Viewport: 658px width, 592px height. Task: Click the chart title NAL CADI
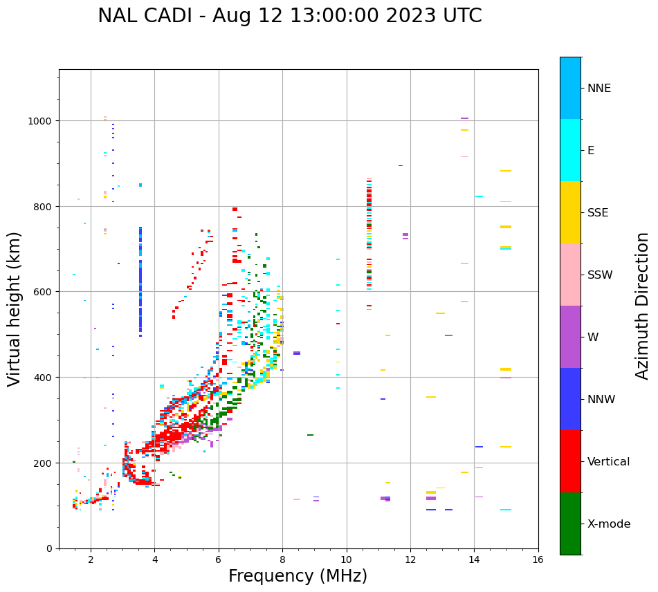point(289,16)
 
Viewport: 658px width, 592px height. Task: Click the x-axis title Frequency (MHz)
point(298,576)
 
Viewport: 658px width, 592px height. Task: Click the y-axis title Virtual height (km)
point(15,309)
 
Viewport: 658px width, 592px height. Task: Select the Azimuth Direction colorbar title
point(643,306)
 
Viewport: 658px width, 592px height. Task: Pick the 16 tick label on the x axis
point(538,559)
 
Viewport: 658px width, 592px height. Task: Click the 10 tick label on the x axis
point(346,559)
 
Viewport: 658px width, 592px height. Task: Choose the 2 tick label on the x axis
point(91,559)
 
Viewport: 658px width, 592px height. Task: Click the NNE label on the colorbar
point(599,89)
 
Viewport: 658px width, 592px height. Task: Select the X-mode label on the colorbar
point(609,524)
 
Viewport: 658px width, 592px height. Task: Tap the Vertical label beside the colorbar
point(609,462)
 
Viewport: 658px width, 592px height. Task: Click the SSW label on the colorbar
point(600,275)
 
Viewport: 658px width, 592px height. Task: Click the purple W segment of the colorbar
point(570,337)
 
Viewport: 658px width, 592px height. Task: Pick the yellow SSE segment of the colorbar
point(570,212)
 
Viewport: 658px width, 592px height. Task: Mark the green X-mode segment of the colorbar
point(570,524)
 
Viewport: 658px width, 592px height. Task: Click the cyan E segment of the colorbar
point(570,150)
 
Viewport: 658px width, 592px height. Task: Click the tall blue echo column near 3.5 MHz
point(140,284)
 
